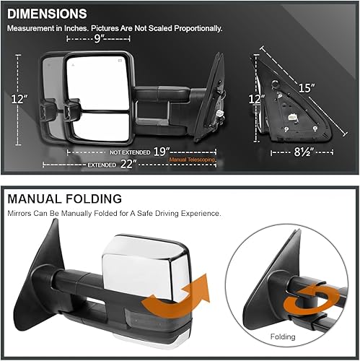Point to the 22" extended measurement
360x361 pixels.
(x=131, y=165)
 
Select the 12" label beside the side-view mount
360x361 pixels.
(x=253, y=100)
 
